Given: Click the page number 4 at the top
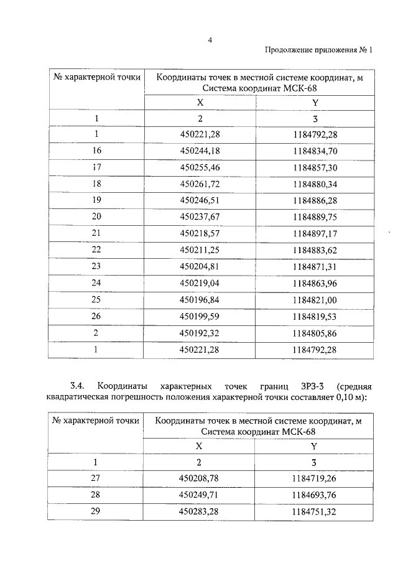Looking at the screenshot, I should [x=211, y=40].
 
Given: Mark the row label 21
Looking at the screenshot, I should [x=96, y=232].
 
